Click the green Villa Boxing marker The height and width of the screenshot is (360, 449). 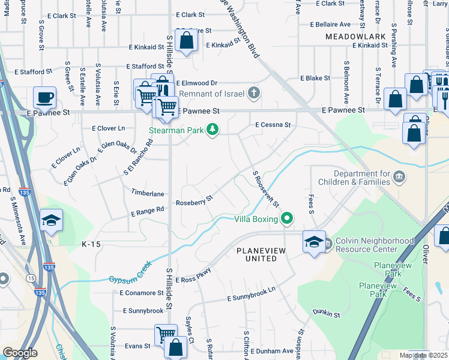(288, 219)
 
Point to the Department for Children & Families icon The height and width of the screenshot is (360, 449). (400, 177)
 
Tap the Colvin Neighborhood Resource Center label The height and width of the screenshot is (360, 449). (375, 245)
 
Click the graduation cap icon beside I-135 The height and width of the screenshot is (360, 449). (52, 220)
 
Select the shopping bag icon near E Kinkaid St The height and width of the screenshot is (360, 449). (187, 41)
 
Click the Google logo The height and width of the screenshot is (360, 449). (20, 353)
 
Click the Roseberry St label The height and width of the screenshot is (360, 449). (194, 200)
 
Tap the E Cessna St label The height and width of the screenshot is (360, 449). (273, 125)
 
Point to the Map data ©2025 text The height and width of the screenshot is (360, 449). (423, 355)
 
